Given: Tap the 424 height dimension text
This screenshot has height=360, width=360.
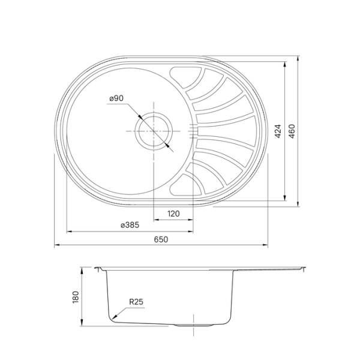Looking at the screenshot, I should click(278, 131).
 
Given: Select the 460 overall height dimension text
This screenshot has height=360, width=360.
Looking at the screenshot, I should click(292, 131).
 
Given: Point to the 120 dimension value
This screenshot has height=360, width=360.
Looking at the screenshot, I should click(174, 214).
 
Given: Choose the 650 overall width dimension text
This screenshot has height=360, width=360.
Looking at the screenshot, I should click(161, 239).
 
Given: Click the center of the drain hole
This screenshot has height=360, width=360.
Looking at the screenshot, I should click(154, 130).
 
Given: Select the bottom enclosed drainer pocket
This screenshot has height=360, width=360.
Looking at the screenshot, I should click(181, 185).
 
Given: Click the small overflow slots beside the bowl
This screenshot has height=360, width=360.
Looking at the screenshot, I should click(192, 130).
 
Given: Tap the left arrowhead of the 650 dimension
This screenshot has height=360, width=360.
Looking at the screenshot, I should click(56, 245).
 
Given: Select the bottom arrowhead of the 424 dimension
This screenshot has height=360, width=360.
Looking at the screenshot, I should click(284, 199).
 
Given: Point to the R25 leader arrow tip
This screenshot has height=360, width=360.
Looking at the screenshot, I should click(112, 317).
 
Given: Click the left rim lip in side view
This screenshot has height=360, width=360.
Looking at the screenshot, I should click(96, 268).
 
